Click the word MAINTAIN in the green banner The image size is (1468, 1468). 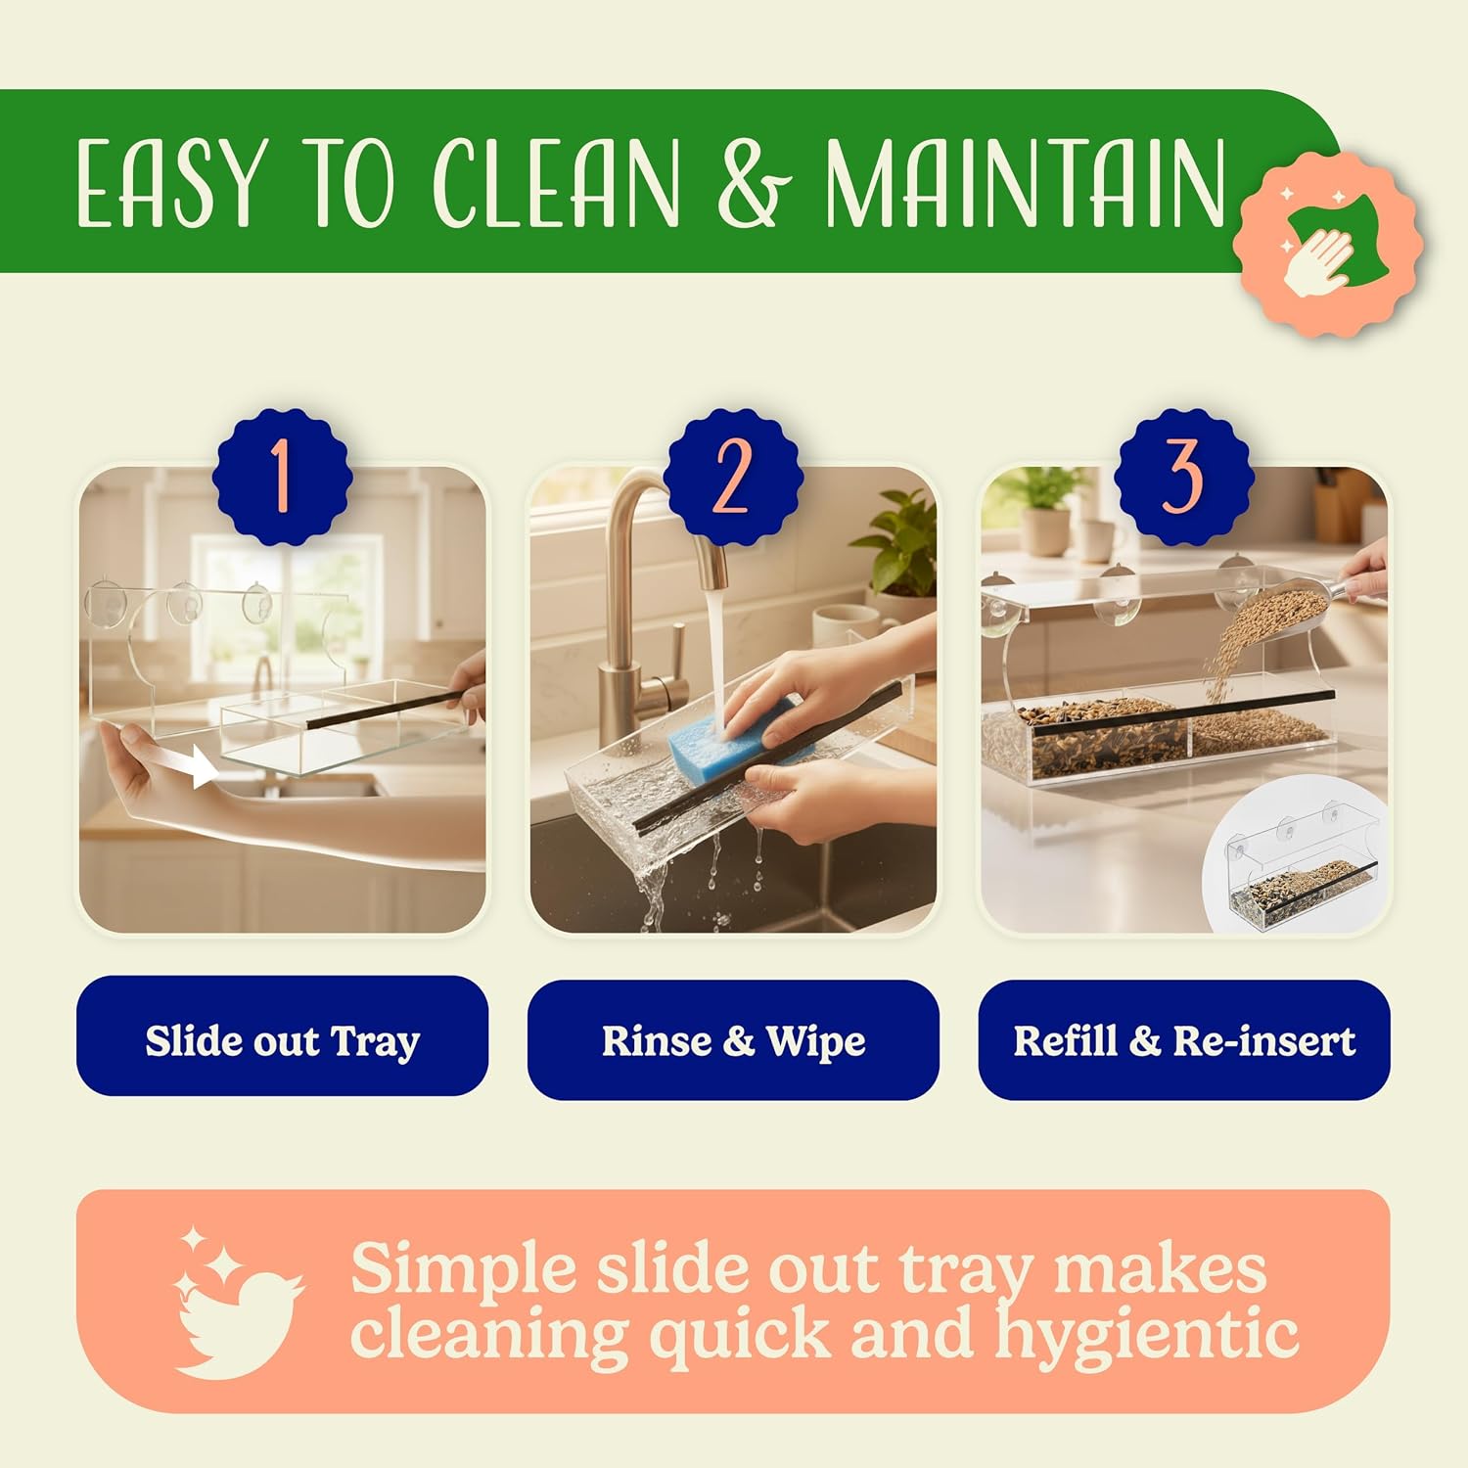tap(1025, 182)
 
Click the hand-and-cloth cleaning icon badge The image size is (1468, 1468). tap(1327, 239)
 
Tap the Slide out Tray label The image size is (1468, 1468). tap(282, 1040)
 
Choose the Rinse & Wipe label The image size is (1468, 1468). tap(733, 1040)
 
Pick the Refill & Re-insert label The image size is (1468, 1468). tap(1184, 1040)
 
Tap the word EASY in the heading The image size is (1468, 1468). tap(171, 183)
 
